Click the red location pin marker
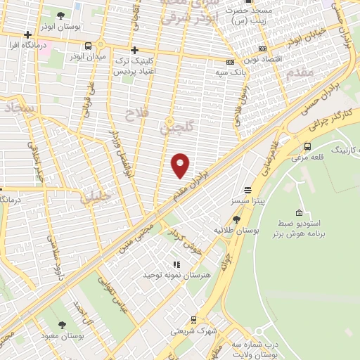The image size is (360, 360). (x=181, y=165)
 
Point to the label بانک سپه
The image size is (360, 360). (x=229, y=72)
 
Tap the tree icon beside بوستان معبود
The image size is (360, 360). (x=63, y=324)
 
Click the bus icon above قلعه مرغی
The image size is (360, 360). (x=307, y=146)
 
